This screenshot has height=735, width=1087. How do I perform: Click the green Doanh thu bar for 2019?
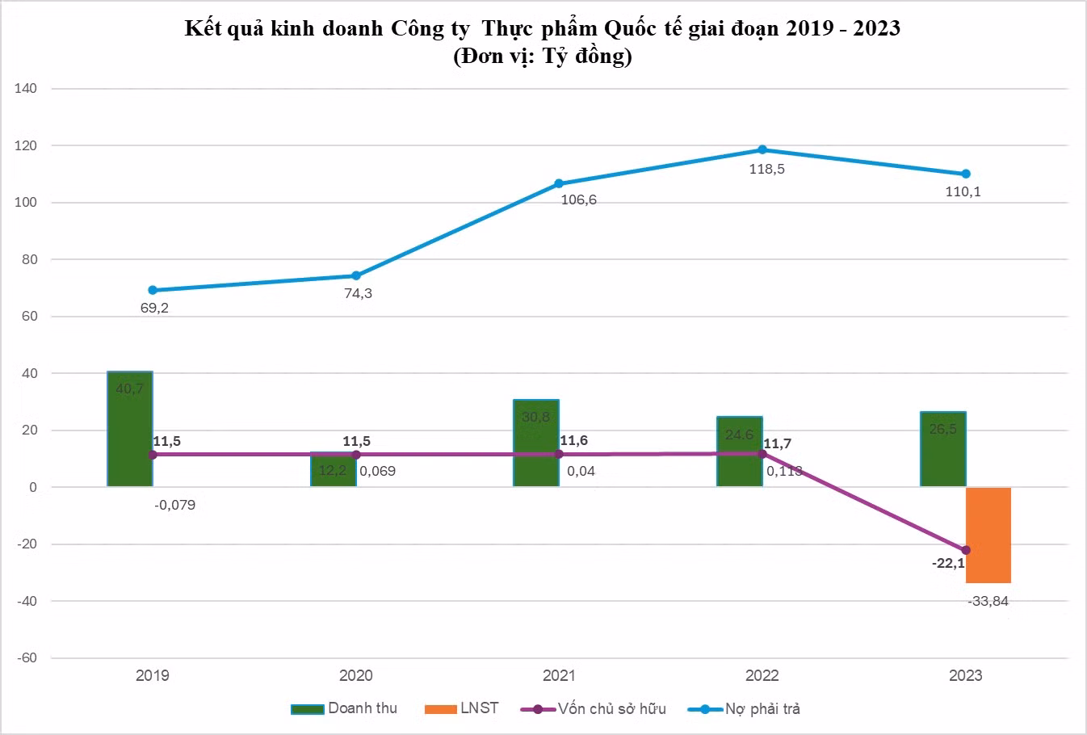130,429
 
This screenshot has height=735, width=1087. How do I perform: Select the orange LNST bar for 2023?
988,535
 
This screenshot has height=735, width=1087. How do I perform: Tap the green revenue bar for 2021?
536,443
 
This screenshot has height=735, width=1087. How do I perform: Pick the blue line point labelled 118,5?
762,149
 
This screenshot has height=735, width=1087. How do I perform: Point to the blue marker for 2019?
153,290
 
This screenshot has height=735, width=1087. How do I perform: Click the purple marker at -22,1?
966,550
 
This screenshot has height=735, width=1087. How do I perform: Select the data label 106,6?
579,199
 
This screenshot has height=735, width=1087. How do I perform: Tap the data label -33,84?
987,601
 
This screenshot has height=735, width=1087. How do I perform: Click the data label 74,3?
358,293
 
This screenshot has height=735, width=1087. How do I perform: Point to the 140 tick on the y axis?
26,89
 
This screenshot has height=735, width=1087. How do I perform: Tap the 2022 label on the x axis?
762,675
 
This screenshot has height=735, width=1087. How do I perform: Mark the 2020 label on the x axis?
356,675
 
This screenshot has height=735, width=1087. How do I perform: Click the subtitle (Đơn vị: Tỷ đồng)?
542,57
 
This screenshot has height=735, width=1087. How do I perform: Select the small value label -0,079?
174,506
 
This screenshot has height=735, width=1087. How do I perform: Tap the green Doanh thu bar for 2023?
943,449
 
